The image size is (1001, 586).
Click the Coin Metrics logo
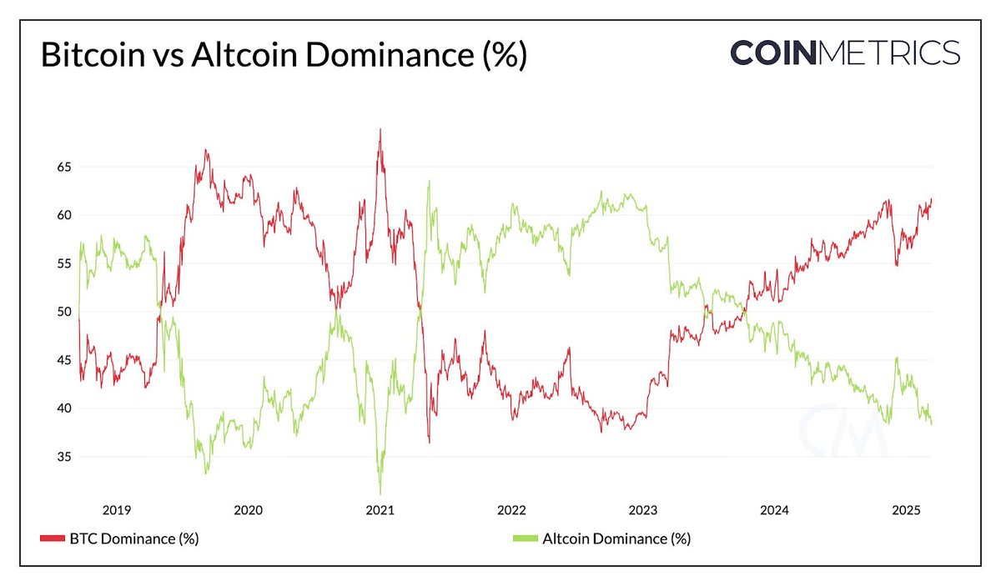pyautogui.click(x=845, y=52)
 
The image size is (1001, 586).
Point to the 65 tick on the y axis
pyautogui.click(x=64, y=167)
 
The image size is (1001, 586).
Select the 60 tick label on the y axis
pyautogui.click(x=64, y=215)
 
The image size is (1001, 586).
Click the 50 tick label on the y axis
pyautogui.click(x=64, y=312)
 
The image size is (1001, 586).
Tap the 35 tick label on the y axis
pyautogui.click(x=64, y=457)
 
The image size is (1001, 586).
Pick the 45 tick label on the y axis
pyautogui.click(x=64, y=360)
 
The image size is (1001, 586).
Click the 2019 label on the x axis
pyautogui.click(x=116, y=510)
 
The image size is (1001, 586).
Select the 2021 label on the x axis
pyautogui.click(x=380, y=510)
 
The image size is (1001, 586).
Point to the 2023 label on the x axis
pyautogui.click(x=642, y=510)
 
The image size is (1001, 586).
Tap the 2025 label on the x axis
pyautogui.click(x=906, y=510)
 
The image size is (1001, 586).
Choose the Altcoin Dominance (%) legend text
pyautogui.click(x=616, y=538)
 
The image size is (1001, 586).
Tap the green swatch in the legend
pyautogui.click(x=524, y=539)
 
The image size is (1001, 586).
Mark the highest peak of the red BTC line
pyautogui.click(x=380, y=129)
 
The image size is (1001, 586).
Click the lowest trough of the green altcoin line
pyautogui.click(x=380, y=493)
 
